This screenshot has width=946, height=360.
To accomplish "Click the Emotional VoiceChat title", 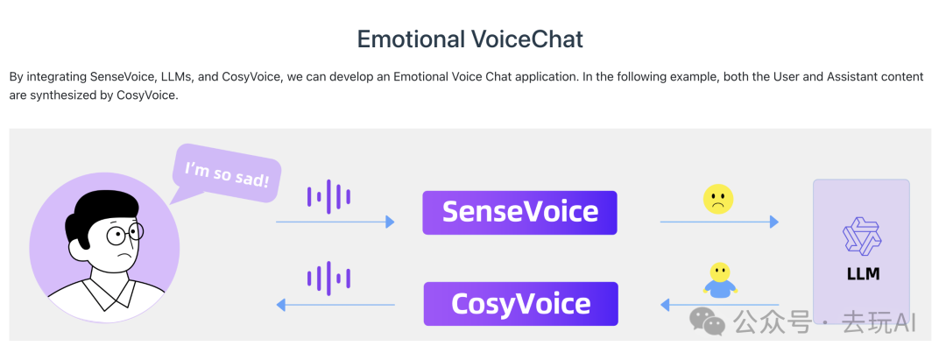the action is [x=470, y=39].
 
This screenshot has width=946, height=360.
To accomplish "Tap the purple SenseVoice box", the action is [x=519, y=212].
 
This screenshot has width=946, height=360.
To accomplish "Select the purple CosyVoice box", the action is [x=520, y=303].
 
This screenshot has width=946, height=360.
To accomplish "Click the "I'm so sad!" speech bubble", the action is [x=226, y=173].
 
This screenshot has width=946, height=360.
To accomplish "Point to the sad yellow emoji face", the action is [x=718, y=199].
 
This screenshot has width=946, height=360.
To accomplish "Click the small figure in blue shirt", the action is [x=720, y=279].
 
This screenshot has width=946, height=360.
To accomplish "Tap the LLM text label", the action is [x=863, y=274].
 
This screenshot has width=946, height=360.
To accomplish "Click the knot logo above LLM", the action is [x=862, y=236].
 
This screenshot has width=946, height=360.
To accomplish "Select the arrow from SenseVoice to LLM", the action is [x=719, y=222].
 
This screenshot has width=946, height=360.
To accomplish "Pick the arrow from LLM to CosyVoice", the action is [x=720, y=305].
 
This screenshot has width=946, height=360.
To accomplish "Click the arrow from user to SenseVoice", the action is [x=335, y=222].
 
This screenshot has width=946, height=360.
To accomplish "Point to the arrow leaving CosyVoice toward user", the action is [x=335, y=305].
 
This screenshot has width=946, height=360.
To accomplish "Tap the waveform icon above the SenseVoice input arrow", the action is [x=328, y=196].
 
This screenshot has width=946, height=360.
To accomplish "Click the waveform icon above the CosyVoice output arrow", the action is [x=328, y=278].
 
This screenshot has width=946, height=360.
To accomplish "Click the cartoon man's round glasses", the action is [x=125, y=233].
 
